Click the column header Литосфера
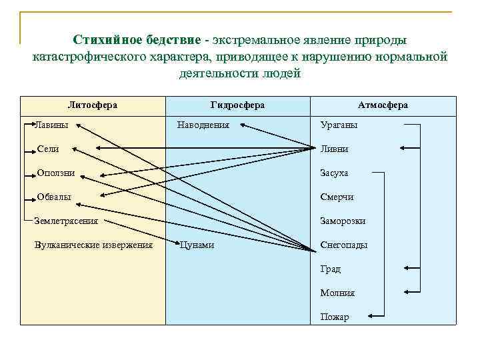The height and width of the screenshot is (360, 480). click(93, 105)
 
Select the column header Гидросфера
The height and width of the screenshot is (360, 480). click(237, 105)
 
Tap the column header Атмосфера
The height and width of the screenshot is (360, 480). click(383, 105)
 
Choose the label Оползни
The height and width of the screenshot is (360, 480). click(56, 173)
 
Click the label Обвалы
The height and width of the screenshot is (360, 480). click(55, 197)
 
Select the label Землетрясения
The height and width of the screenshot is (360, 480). click(66, 221)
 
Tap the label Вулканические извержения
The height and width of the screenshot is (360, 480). click(93, 245)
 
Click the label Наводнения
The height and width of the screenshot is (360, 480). click(203, 125)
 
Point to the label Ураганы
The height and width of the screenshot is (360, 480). click(339, 125)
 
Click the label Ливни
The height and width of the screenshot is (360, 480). click(334, 149)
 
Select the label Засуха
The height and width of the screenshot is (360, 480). click(334, 173)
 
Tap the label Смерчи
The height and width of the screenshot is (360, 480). click(337, 197)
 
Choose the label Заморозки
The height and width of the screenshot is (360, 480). click(343, 221)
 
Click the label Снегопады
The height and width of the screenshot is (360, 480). click(343, 245)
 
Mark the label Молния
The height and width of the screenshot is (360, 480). click(337, 293)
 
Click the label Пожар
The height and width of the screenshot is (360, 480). click(334, 317)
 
